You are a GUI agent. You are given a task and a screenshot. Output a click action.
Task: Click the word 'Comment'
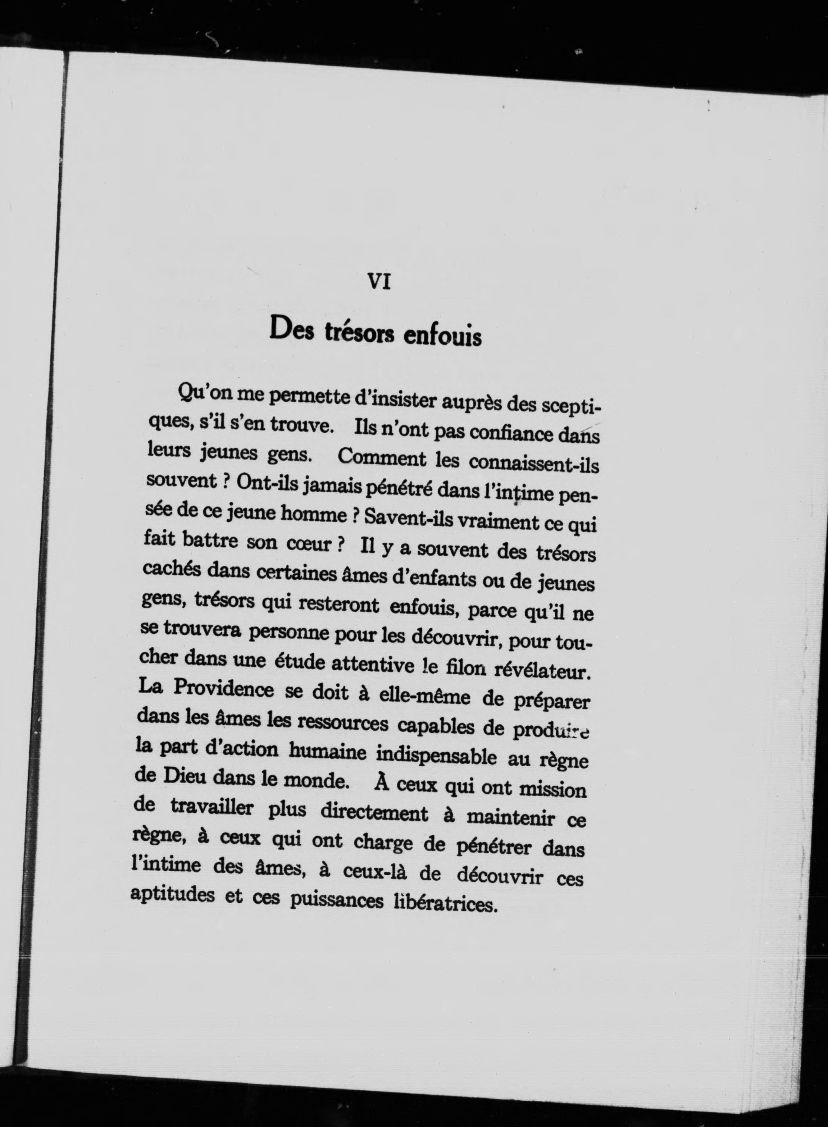tap(382, 457)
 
